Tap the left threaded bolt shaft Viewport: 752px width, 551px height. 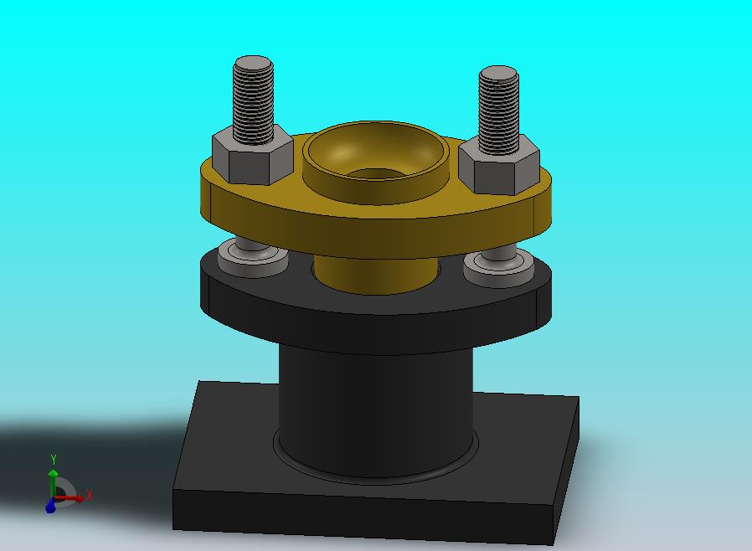[254, 101]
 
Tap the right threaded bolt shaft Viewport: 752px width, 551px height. [499, 111]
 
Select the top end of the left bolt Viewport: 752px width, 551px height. [254, 63]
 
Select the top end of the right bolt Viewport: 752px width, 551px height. [499, 73]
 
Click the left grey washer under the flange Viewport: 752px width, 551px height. [252, 259]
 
